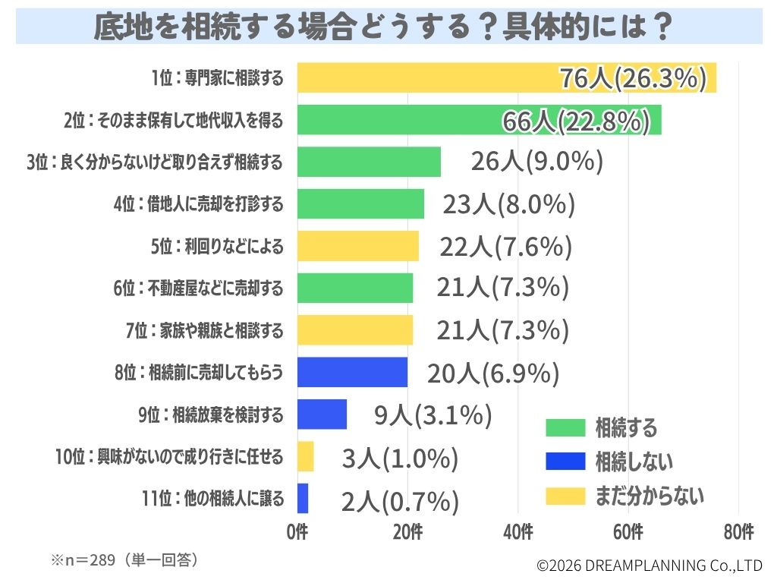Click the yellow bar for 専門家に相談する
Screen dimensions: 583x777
tap(425, 77)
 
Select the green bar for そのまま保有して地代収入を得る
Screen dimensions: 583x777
tap(395, 120)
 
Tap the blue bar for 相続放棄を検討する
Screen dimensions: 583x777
tap(322, 414)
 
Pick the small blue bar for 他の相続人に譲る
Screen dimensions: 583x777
tap(303, 499)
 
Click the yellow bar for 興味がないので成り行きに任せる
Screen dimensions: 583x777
tap(305, 456)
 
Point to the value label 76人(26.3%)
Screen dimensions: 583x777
tap(633, 78)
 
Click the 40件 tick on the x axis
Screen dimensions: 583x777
tap(518, 533)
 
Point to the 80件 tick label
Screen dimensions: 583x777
tap(738, 533)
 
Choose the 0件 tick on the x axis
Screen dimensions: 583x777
tap(297, 533)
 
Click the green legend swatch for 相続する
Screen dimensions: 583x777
tap(565, 427)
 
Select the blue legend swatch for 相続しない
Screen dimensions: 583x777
tap(565, 461)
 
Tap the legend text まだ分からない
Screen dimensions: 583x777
tap(650, 496)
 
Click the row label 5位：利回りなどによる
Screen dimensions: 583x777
tap(217, 246)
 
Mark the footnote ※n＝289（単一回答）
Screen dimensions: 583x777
tap(125, 560)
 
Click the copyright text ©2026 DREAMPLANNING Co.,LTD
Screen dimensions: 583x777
tap(649, 566)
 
